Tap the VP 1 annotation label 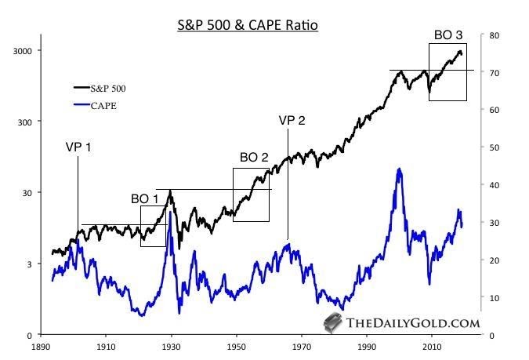[x=78, y=147]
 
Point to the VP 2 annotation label [x=292, y=120]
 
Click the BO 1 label [x=145, y=199]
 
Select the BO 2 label [x=254, y=158]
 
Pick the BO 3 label [x=448, y=35]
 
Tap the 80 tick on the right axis [x=494, y=35]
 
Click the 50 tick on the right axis [x=494, y=147]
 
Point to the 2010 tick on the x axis [x=432, y=344]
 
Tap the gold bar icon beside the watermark [x=333, y=322]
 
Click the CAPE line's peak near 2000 [x=400, y=169]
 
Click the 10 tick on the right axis [x=494, y=298]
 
